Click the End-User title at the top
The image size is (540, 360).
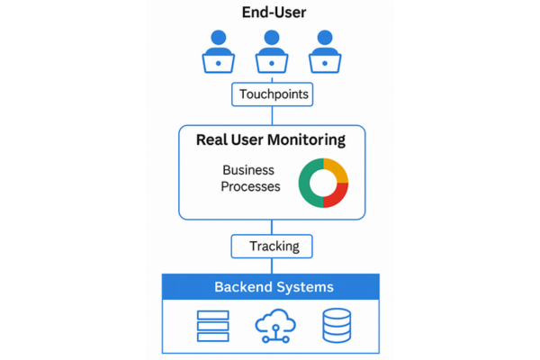coord(274,13)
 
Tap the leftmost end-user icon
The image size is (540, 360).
coord(219,51)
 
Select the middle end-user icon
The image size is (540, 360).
coord(272,51)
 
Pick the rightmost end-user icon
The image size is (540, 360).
coord(325,51)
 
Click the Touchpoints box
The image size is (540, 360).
coord(272,94)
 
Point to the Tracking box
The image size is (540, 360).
coord(272,247)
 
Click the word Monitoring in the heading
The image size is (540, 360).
coord(306,140)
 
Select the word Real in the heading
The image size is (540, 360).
coord(211,139)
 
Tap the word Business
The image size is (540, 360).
coord(248,170)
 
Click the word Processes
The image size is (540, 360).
coord(250,186)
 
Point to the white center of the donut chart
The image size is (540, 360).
coord(323,183)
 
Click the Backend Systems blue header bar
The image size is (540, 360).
coord(271,286)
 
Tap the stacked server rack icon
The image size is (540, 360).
coord(212,326)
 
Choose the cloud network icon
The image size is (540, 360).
coord(275,326)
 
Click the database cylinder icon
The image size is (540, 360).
coord(337,326)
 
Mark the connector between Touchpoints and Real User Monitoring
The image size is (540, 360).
coord(272,116)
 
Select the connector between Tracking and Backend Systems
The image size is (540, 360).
coord(272,266)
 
